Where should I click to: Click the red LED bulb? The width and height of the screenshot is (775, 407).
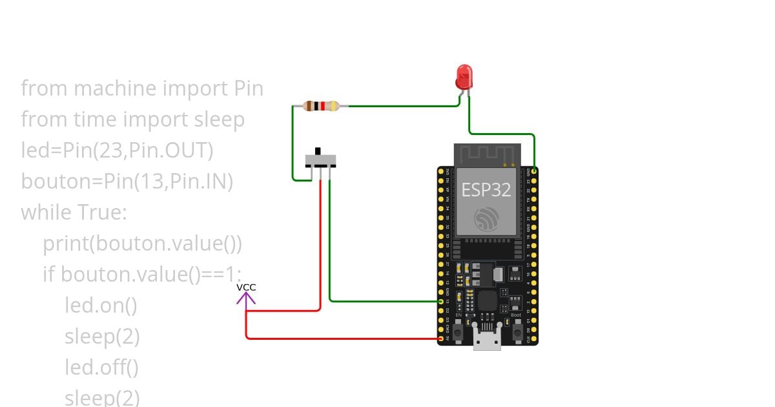[464, 76]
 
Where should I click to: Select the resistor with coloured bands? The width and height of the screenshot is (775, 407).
[321, 106]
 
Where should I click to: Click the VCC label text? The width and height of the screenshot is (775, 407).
[246, 287]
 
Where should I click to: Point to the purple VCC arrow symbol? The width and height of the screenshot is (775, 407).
[246, 298]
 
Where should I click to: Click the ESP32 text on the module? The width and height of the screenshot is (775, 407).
[486, 189]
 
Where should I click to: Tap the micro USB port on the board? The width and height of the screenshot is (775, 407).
[487, 339]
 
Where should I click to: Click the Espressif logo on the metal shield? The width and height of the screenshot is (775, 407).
[486, 219]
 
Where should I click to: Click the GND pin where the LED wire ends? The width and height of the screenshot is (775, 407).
[534, 171]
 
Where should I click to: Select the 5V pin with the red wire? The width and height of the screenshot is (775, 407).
[441, 338]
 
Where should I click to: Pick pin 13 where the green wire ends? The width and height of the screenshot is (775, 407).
[441, 301]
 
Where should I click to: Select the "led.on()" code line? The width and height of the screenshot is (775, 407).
[101, 305]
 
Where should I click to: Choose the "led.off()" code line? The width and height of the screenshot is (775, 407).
[101, 368]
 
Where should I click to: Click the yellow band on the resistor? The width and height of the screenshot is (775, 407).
[333, 106]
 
